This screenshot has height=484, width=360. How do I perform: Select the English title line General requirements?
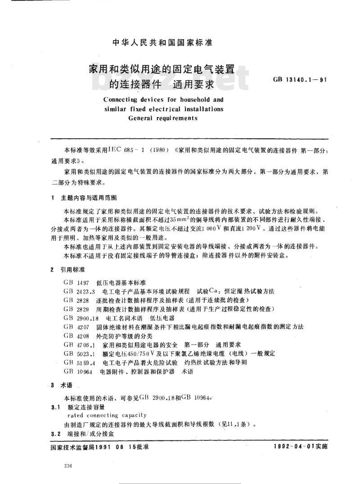coord(163,118)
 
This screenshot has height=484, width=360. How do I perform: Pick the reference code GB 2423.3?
coord(78,291)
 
